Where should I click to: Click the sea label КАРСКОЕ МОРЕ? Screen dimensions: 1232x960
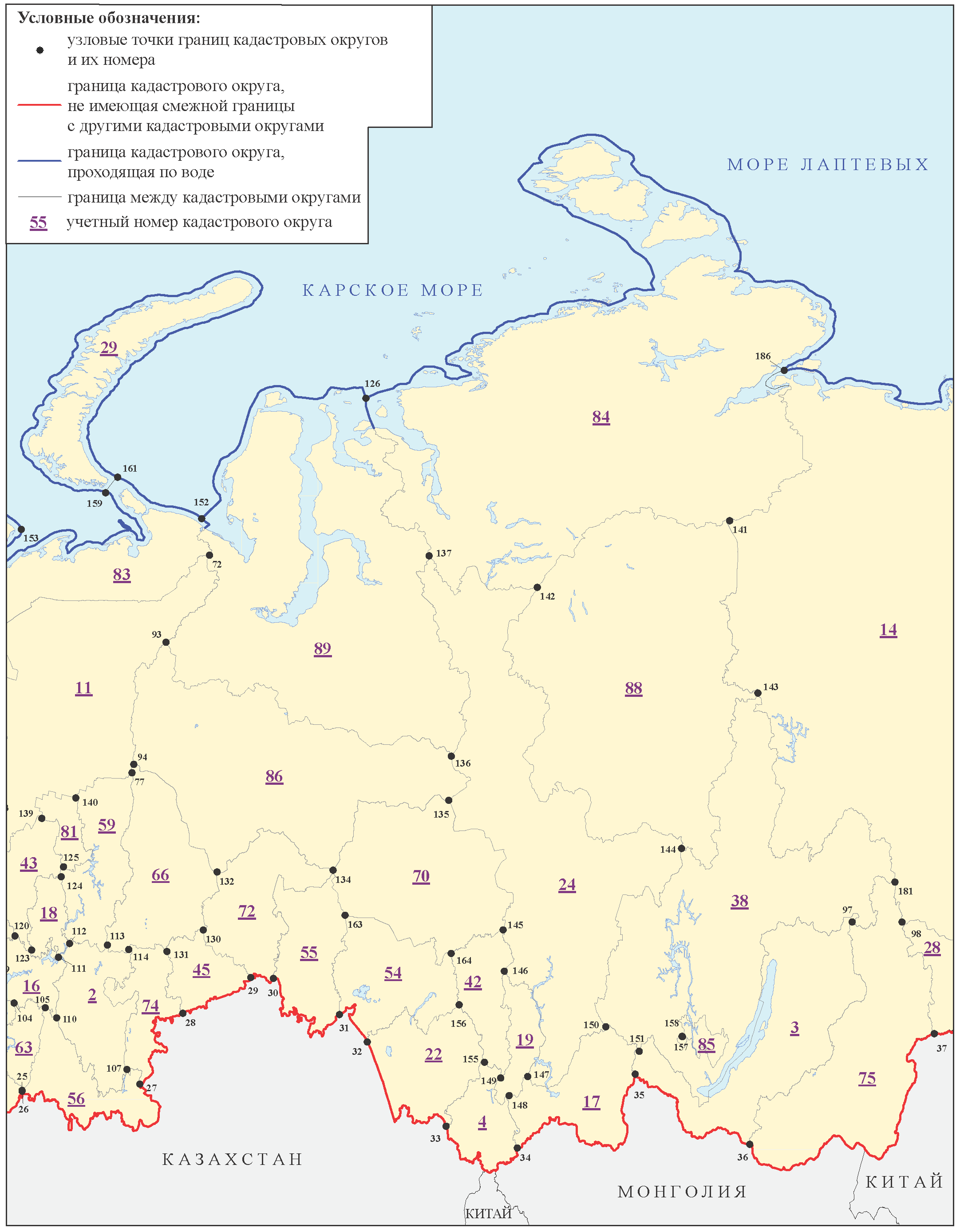pos(393,290)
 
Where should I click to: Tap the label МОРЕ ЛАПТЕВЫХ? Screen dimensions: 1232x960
pos(828,165)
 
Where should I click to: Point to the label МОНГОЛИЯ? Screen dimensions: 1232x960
pos(682,1192)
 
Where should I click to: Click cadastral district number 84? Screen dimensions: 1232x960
pos(601,417)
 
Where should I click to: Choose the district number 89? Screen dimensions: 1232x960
pos(323,649)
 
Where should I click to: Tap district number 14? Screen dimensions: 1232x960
pos(888,630)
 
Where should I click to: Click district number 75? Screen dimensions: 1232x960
pos(866,1079)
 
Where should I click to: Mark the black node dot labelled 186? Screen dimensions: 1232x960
pos(784,370)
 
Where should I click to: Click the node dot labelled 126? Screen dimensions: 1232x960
pos(366,398)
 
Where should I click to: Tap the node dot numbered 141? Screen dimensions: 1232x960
pos(730,521)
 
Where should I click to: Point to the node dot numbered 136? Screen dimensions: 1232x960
pos(451,756)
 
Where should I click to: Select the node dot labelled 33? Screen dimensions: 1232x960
pos(446,1126)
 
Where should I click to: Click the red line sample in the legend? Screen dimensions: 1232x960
pos(40,105)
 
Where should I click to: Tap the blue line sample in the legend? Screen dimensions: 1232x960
pos(40,161)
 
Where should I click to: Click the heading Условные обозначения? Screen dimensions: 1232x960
pos(109,18)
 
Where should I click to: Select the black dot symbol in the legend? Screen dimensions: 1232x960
pos(40,50)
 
